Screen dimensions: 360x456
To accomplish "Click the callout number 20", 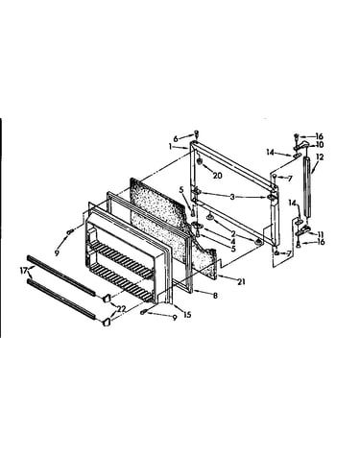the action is click(217, 176).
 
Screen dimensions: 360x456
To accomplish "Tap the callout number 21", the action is click(241, 281).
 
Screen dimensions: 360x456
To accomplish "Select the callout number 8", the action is click(215, 296).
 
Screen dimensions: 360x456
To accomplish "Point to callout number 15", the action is click(187, 315).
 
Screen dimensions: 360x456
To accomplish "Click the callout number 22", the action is click(121, 309).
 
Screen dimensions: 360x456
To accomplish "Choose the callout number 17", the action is click(23, 271).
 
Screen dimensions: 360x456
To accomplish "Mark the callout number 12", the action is click(320, 156).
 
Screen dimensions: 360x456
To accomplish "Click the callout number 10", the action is click(320, 145).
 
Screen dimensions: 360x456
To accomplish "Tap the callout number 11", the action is click(320, 234).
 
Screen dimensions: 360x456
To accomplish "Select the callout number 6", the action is click(176, 139).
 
